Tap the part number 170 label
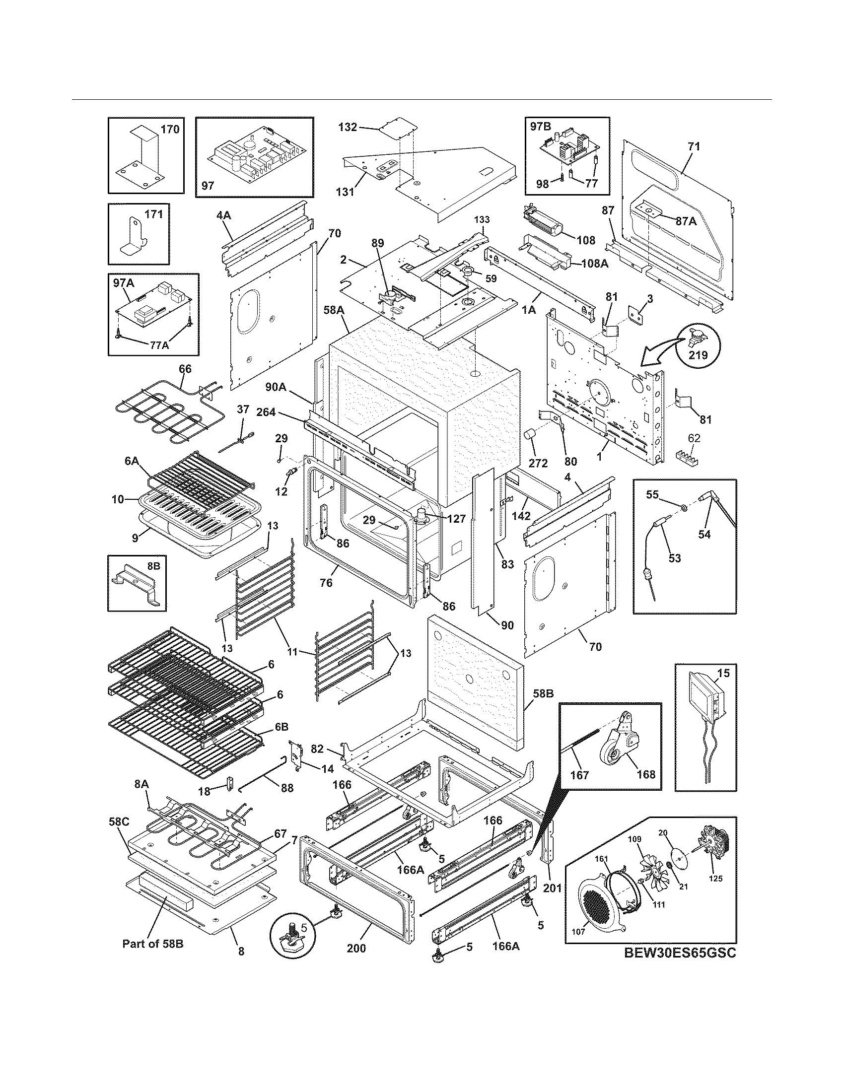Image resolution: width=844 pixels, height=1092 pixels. (x=169, y=130)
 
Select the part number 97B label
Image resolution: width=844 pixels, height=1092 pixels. (x=541, y=127)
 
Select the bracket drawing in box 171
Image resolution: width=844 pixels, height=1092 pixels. (x=132, y=235)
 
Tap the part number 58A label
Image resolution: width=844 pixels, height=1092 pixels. (x=334, y=310)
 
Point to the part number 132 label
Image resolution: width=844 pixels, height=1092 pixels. (x=347, y=127)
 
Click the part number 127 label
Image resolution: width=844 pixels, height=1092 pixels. (x=456, y=519)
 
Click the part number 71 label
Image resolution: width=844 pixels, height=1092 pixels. (x=694, y=146)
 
